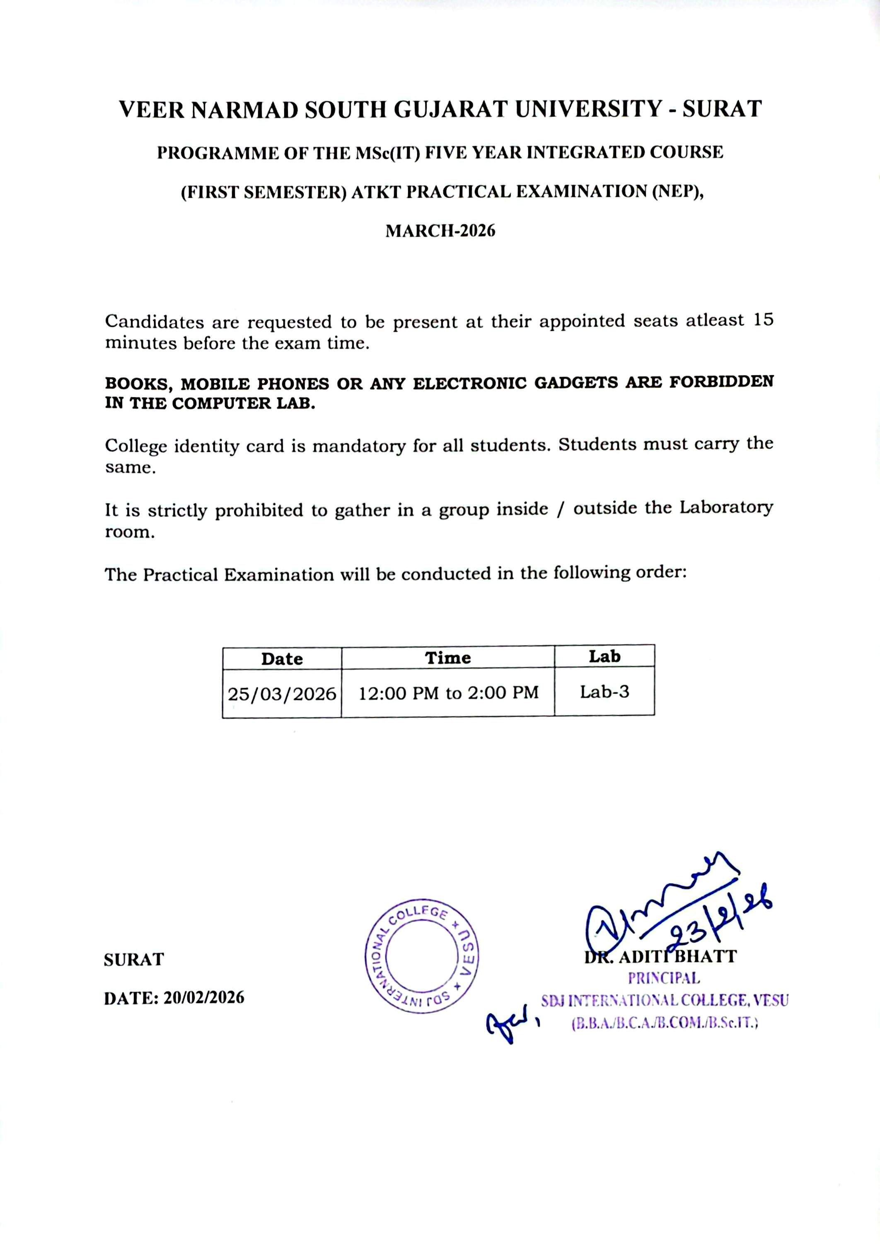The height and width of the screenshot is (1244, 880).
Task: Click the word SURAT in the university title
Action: (x=722, y=109)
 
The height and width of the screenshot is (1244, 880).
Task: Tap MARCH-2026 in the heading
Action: (x=440, y=231)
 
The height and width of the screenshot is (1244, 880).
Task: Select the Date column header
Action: (x=282, y=659)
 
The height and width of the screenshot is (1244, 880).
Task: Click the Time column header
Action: (x=447, y=658)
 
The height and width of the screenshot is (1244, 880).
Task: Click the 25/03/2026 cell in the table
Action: (x=282, y=694)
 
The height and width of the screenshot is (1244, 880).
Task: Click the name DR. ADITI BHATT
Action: (x=660, y=957)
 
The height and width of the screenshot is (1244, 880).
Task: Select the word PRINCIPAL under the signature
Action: (x=664, y=978)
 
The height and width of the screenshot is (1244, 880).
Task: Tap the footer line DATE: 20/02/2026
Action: (x=174, y=998)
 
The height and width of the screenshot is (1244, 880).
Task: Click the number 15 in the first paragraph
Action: (x=762, y=320)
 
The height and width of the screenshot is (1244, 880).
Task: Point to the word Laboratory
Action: (x=726, y=508)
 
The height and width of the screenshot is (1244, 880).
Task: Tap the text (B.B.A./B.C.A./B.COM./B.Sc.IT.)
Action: (x=664, y=1023)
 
